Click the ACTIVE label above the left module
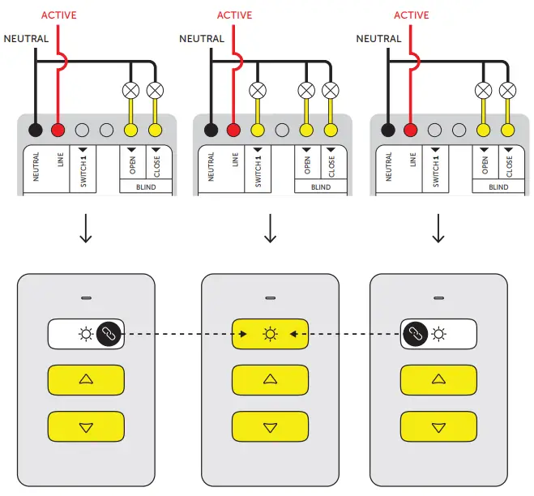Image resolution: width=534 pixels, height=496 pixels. point(58,15)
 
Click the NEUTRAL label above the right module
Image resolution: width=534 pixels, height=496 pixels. point(378,38)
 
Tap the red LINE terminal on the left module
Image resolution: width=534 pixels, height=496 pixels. point(58,129)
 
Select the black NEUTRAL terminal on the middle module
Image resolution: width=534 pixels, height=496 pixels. point(211,129)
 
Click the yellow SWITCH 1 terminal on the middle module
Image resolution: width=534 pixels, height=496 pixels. point(258,129)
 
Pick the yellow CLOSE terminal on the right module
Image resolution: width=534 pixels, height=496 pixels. point(506,129)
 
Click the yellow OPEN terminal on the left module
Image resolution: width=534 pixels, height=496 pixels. point(130,129)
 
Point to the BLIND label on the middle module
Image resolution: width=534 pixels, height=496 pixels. point(321,187)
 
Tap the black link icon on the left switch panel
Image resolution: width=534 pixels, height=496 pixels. point(108,333)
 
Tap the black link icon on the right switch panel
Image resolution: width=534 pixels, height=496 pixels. point(415,333)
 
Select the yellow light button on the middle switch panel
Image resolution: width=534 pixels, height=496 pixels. point(271,333)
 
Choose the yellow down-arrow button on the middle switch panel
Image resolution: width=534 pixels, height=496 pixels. point(271,426)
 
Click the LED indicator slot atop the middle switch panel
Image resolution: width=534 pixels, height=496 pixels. point(271,297)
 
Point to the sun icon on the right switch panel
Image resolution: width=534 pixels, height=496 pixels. point(438,333)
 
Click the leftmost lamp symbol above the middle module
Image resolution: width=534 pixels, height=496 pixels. point(258,89)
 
